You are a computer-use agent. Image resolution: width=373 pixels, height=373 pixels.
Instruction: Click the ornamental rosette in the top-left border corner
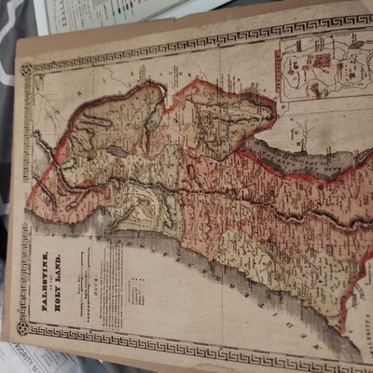(26, 70)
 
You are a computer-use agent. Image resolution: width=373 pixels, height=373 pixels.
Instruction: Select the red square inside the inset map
(322, 61)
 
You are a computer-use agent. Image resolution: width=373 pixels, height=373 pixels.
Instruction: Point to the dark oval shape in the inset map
(355, 44)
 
